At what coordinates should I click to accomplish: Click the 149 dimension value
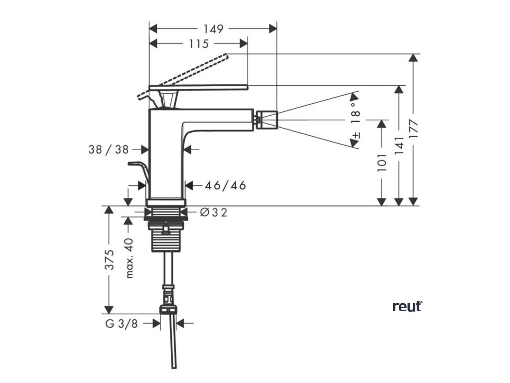click(213, 28)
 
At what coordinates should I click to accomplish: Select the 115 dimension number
click(198, 44)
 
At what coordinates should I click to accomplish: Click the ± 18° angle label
click(356, 120)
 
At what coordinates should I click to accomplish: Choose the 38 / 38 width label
click(109, 149)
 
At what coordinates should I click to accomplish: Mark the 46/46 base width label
click(226, 186)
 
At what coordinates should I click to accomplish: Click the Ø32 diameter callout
click(214, 213)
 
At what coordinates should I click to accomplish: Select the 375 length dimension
click(110, 259)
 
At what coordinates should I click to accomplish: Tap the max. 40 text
click(129, 258)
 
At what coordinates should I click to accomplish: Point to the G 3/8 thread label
click(121, 324)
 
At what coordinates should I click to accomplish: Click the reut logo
click(407, 306)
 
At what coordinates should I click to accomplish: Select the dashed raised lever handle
click(189, 73)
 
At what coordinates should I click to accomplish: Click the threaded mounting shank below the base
click(166, 239)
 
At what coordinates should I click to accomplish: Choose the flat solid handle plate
click(199, 87)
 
